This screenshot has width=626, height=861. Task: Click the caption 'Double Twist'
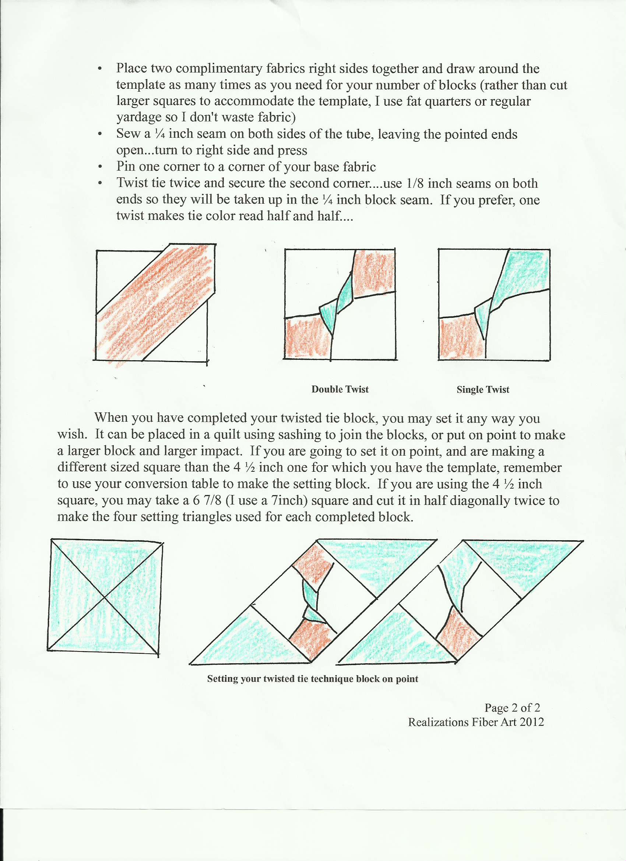(x=340, y=389)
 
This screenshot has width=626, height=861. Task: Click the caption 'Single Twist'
(x=482, y=390)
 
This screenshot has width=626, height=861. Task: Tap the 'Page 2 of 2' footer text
(x=512, y=708)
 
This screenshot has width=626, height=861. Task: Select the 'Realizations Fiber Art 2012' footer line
(x=476, y=722)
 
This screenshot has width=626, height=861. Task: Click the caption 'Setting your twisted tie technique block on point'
(x=312, y=679)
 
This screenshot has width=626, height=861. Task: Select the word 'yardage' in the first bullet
(x=136, y=117)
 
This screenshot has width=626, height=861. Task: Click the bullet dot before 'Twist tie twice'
(x=100, y=183)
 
